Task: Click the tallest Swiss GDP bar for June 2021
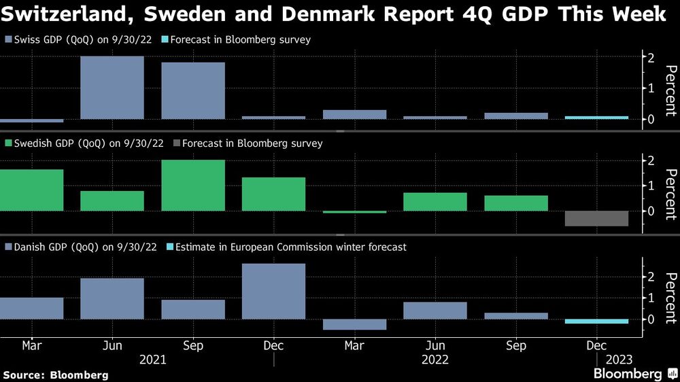112,88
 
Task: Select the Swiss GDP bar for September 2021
193,90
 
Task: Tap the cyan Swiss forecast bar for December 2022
596,118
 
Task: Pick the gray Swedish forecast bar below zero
596,218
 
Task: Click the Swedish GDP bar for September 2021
193,185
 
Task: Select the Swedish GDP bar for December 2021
273,194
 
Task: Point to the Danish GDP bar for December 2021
273,291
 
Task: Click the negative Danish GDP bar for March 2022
354,324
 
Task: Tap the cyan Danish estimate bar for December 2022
596,322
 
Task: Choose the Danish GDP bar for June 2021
112,298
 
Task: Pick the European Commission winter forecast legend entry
286,247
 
